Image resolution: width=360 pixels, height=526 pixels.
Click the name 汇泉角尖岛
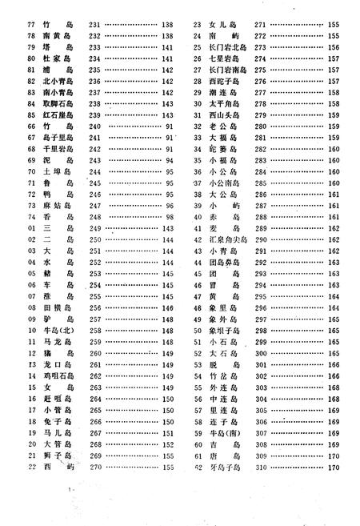(x=225, y=239)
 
